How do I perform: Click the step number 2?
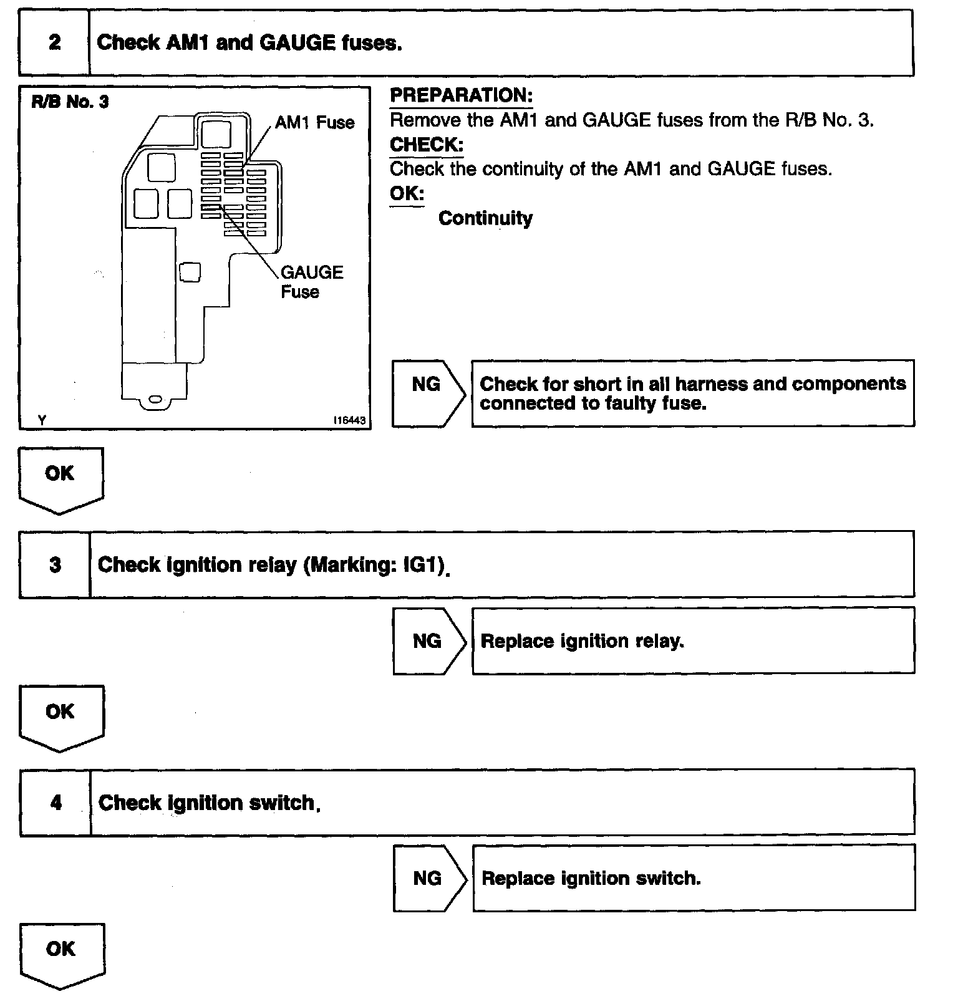click(55, 42)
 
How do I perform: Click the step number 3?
click(55, 565)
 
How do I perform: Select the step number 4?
click(56, 803)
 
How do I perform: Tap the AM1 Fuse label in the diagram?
click(314, 122)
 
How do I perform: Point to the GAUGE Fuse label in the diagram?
click(311, 282)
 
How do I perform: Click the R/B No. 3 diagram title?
click(70, 102)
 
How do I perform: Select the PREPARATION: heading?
click(461, 95)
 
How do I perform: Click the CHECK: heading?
click(426, 145)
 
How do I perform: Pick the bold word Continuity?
click(485, 218)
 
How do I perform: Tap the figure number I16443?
click(349, 421)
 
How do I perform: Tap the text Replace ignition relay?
click(583, 642)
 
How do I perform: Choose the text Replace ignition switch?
click(591, 879)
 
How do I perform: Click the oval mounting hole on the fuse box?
click(155, 399)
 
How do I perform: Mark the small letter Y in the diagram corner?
click(41, 421)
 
